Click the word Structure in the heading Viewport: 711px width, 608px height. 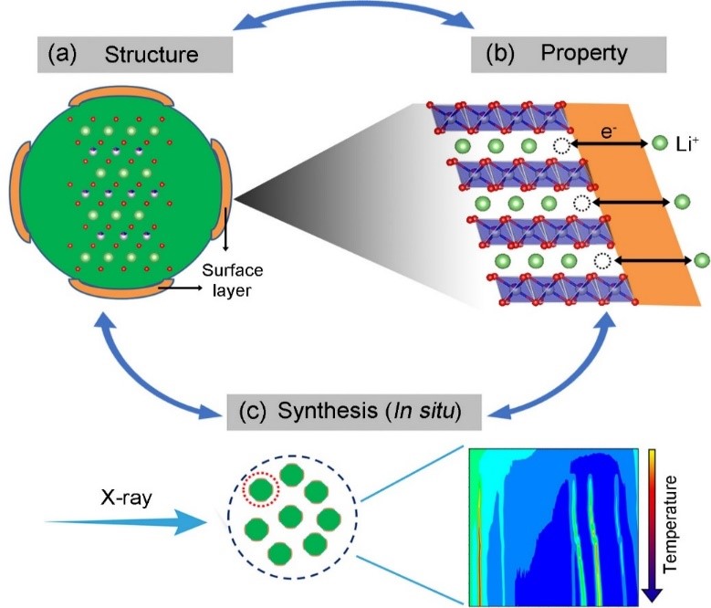pyautogui.click(x=152, y=55)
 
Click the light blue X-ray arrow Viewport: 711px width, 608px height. pyautogui.click(x=128, y=522)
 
